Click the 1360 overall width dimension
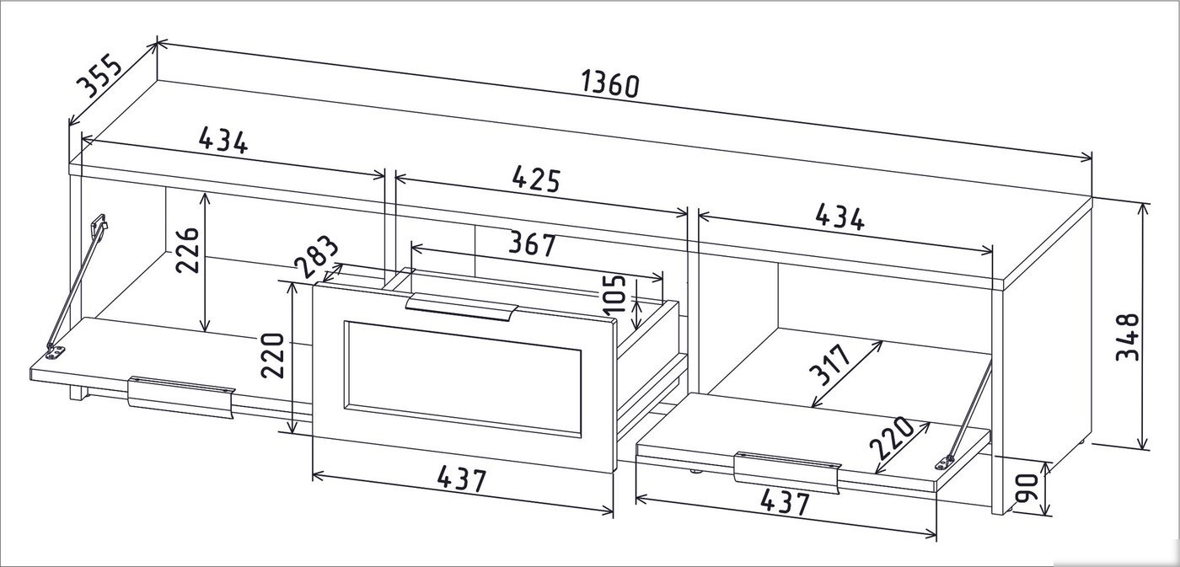point(610,84)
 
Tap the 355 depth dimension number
point(100,75)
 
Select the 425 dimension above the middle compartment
point(536,179)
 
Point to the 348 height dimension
point(1128,337)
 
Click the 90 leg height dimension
point(1027,487)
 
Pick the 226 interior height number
point(187,250)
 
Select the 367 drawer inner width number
point(532,244)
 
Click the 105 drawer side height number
point(614,293)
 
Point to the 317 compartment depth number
point(829,364)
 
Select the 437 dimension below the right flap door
point(785,502)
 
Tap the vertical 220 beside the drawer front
point(273,356)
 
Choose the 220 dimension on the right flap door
point(891,437)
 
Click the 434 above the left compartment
point(223,141)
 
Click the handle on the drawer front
point(462,307)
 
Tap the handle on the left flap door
point(181,397)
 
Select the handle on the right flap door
point(787,473)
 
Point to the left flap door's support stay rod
point(77,287)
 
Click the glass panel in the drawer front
point(464,378)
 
